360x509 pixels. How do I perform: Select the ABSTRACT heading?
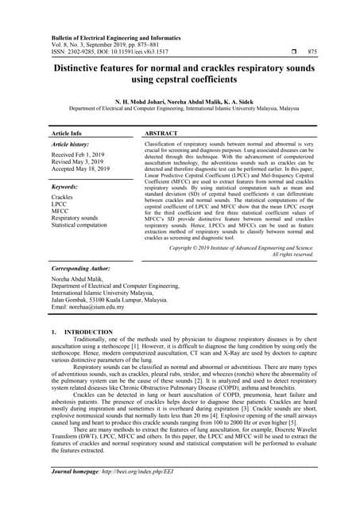coord(165,133)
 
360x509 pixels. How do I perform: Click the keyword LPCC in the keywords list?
coord(60,204)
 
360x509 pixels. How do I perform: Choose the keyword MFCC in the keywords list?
coord(60,211)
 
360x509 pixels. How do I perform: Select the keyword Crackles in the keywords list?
coord(63,196)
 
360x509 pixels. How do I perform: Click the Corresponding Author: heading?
coord(83,271)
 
